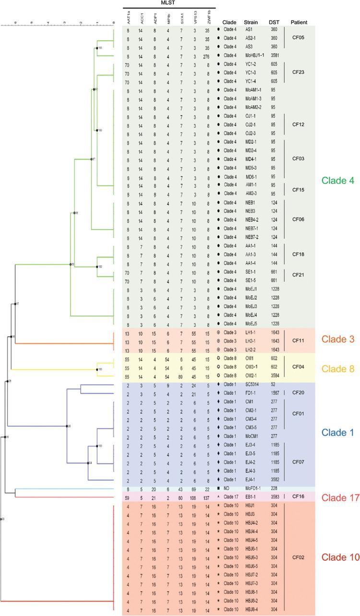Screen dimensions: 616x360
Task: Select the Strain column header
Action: click(x=251, y=22)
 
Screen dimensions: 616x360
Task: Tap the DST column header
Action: click(x=274, y=22)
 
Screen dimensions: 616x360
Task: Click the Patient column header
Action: click(x=299, y=22)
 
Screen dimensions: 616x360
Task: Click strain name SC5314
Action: click(x=252, y=388)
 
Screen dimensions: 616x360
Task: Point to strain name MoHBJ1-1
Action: click(x=254, y=55)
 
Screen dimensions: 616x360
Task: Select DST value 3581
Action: click(x=275, y=55)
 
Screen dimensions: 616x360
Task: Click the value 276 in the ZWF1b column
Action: click(x=206, y=56)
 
